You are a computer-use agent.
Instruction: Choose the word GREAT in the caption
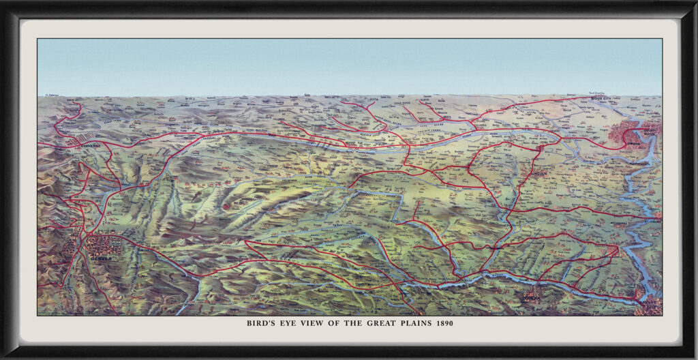coord(374,323)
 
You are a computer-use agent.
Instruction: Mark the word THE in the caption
coord(348,323)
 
